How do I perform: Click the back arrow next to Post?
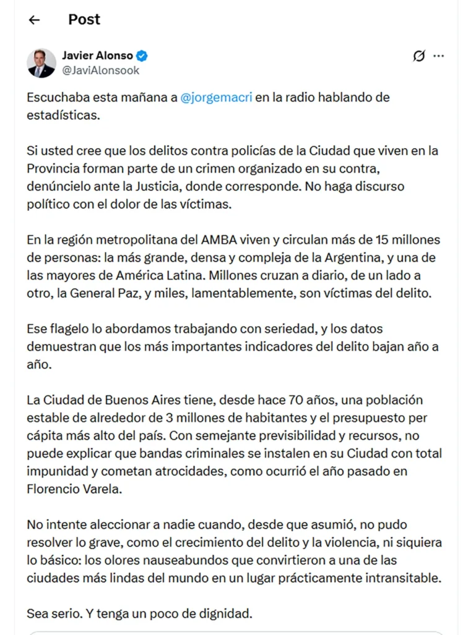(34, 20)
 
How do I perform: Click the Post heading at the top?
(84, 19)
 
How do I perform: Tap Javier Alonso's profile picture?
(41, 63)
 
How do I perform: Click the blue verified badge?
(142, 56)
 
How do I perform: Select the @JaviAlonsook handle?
(100, 70)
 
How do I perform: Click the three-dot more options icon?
(439, 56)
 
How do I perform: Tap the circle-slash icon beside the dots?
(419, 56)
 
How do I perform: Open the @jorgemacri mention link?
(216, 97)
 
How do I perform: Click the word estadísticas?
(63, 115)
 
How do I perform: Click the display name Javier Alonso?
(97, 56)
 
